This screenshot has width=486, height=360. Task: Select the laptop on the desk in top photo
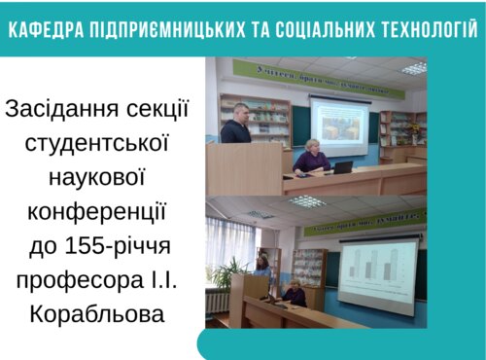click(343, 167)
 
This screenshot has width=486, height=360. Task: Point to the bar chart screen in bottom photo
click(377, 275)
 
